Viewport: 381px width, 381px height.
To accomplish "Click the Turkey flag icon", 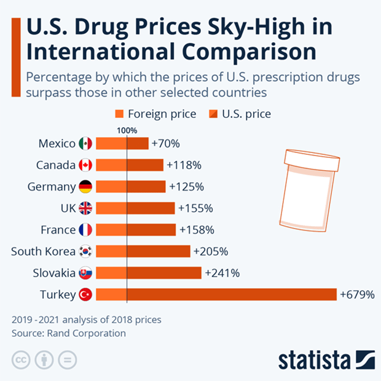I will [x=85, y=294].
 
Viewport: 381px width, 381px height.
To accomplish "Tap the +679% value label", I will [x=357, y=294].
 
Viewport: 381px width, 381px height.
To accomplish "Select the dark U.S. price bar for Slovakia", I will [x=164, y=272].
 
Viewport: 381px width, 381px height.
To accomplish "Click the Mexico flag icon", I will [x=85, y=143].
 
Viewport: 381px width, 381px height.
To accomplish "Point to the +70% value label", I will [x=165, y=143].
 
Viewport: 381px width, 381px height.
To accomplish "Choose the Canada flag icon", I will [x=85, y=165].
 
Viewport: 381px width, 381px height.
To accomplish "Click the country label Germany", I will [x=52, y=186].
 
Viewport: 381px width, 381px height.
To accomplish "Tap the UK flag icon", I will [x=85, y=208].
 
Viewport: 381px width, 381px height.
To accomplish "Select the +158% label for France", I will [x=196, y=230].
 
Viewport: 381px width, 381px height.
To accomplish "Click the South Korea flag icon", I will [x=85, y=251].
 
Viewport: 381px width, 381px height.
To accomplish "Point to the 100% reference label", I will [x=127, y=130].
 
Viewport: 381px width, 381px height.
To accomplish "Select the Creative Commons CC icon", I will [x=21, y=360].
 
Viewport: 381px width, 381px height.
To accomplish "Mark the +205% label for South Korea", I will [x=211, y=251].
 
